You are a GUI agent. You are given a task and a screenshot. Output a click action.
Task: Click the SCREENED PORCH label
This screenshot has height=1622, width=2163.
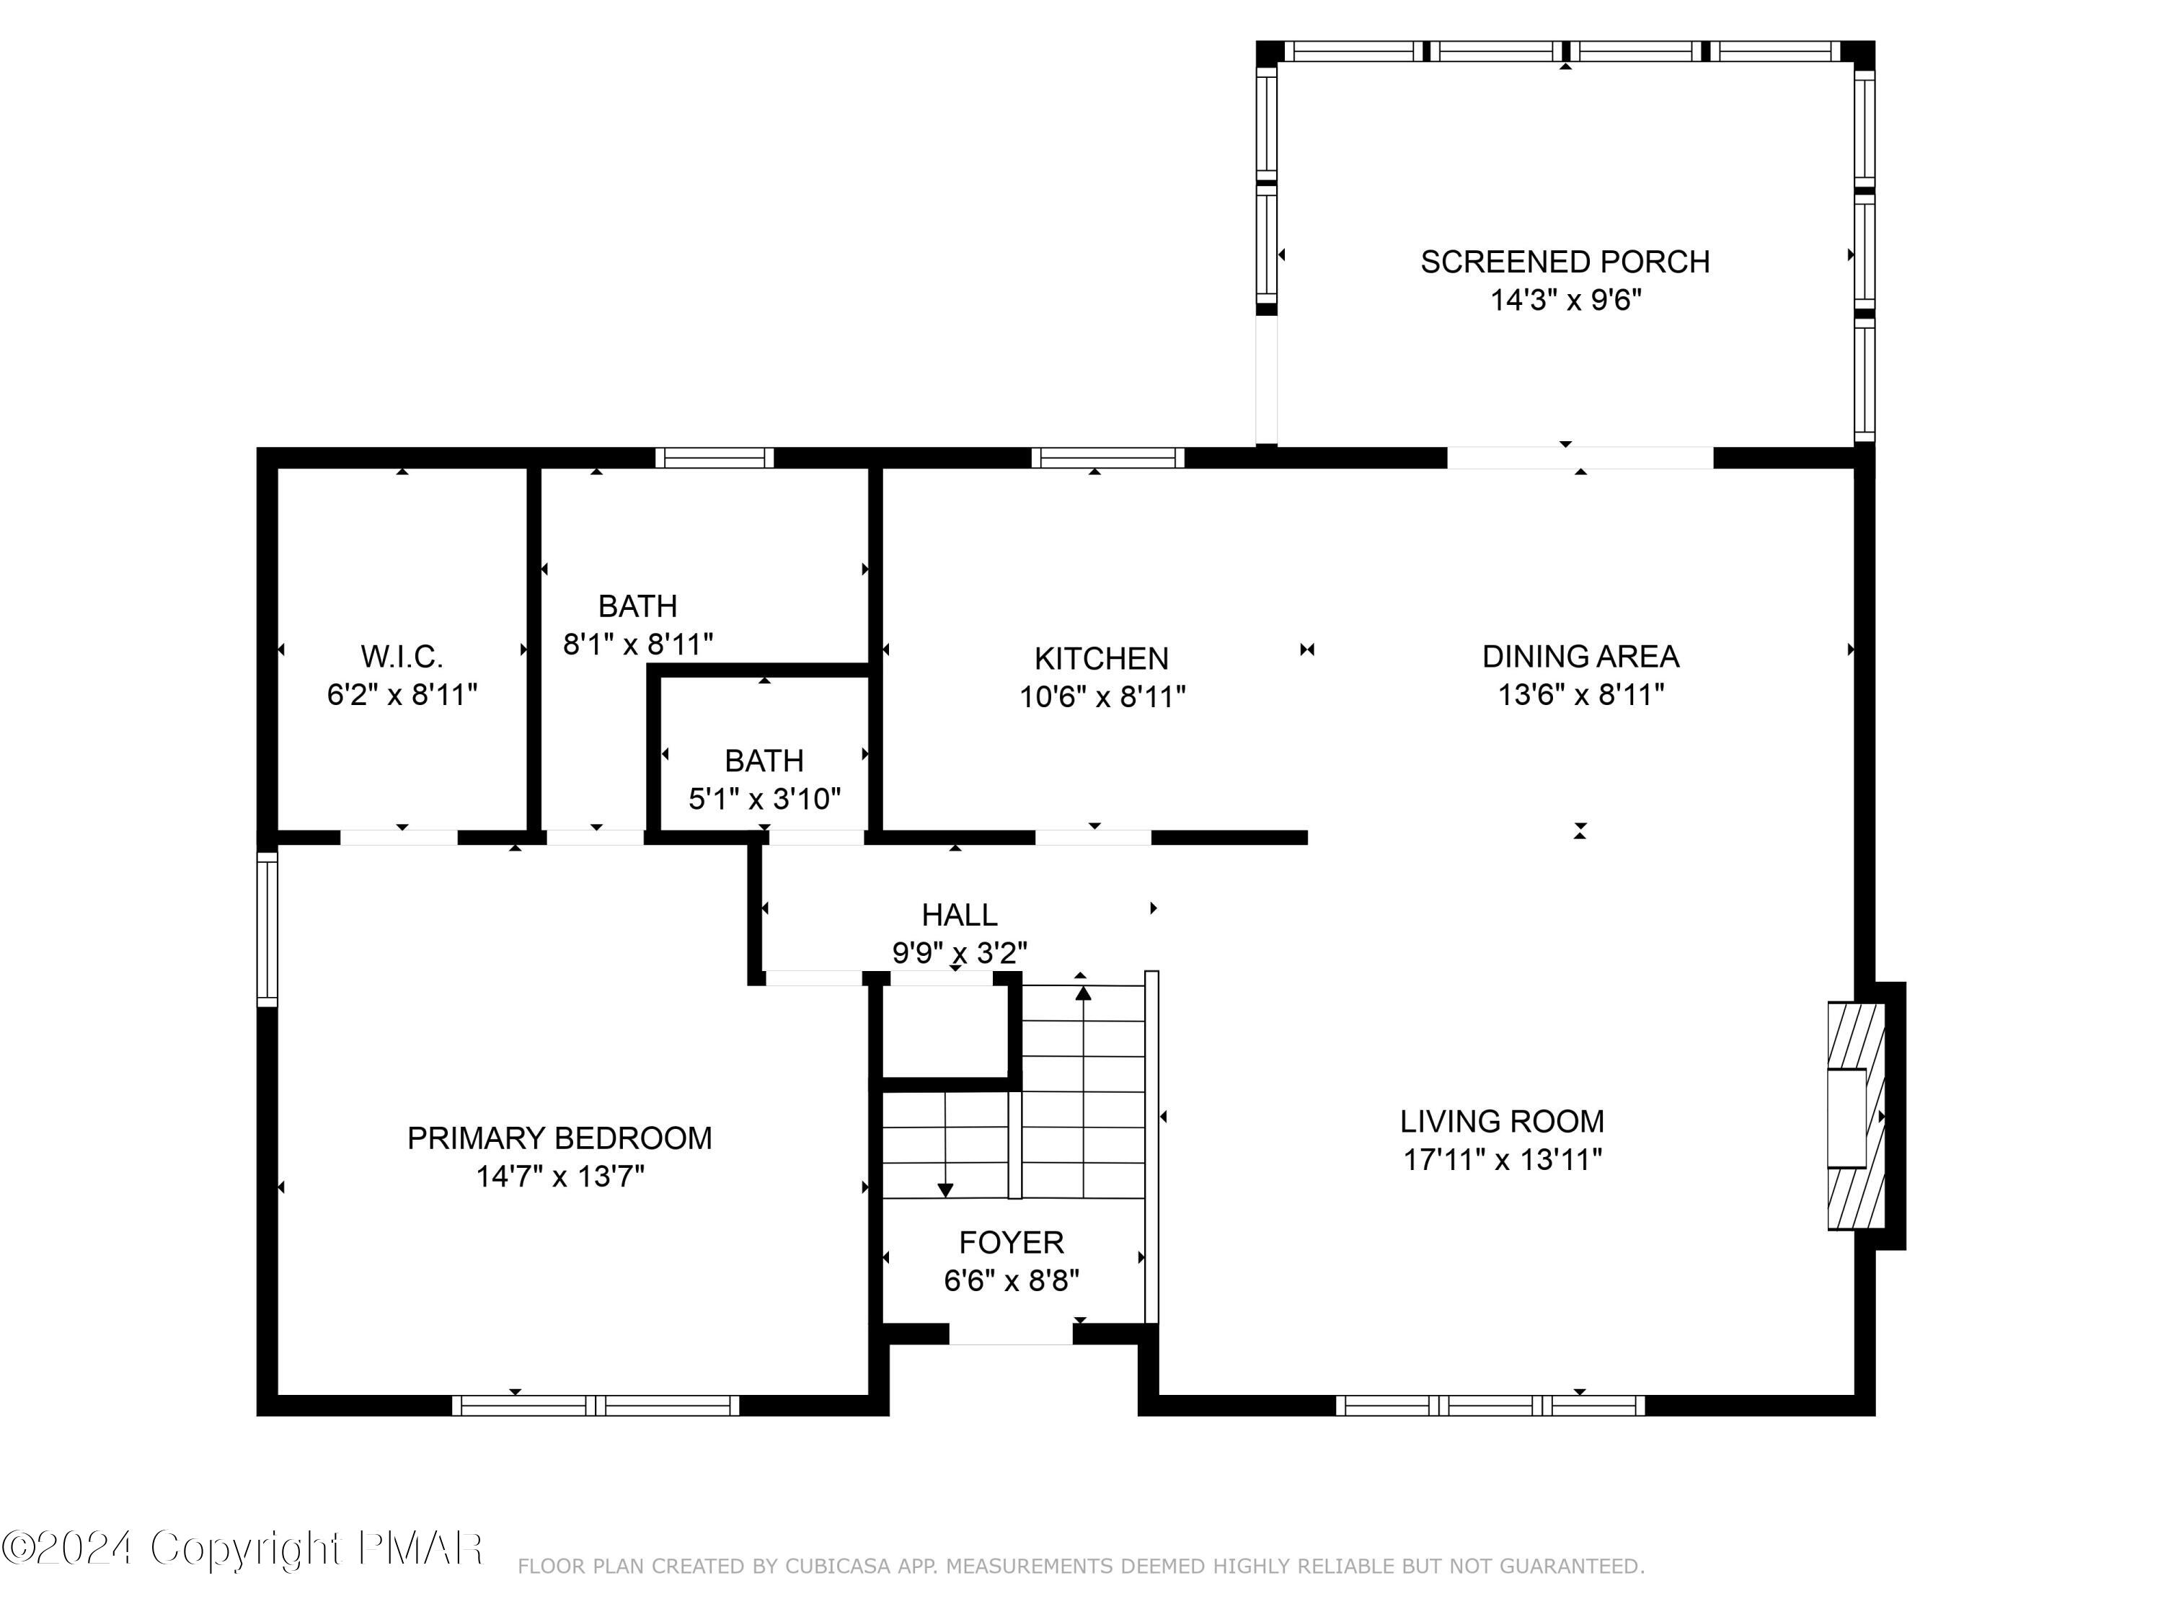(1565, 262)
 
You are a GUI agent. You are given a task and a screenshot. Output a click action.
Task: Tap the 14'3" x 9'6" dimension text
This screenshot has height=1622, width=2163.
(1565, 300)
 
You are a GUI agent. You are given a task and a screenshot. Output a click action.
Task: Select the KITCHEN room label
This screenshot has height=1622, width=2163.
(1101, 658)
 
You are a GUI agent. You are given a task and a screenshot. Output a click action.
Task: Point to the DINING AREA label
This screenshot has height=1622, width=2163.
(1580, 656)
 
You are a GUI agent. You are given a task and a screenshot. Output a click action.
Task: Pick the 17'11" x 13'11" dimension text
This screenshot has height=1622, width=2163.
(1502, 1159)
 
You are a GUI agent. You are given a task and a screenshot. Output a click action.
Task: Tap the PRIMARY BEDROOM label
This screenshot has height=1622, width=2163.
(559, 1138)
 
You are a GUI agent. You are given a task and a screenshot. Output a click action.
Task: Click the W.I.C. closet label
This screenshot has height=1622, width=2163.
(402, 656)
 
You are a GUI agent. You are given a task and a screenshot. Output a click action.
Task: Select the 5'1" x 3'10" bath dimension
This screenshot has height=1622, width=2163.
(764, 799)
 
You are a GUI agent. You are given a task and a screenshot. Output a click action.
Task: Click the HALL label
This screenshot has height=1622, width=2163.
(959, 915)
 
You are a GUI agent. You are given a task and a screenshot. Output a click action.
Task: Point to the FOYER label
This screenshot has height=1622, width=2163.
(1011, 1243)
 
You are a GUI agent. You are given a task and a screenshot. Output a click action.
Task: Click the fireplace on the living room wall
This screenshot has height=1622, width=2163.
(1855, 1115)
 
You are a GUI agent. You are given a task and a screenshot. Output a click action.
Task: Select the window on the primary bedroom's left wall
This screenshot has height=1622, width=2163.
(267, 929)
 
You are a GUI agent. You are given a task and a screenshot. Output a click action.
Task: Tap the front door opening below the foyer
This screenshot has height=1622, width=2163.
(1010, 1334)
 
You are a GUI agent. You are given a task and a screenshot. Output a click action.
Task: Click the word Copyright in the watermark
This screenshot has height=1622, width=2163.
(245, 1548)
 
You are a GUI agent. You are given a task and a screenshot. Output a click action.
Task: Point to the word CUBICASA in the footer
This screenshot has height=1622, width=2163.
(838, 1566)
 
